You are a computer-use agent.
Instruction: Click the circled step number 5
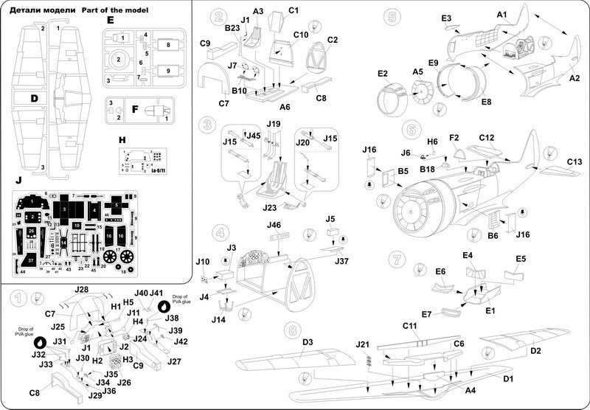[x=392, y=17]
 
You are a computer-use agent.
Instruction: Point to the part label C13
[x=574, y=161]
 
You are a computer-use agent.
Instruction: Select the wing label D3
[x=309, y=342]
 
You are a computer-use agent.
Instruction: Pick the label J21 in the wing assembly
[x=362, y=344]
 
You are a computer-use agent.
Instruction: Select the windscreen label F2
[x=454, y=138]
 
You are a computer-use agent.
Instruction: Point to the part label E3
[x=446, y=18]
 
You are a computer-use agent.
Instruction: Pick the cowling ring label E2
[x=382, y=74]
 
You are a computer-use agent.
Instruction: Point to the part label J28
[x=82, y=289]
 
